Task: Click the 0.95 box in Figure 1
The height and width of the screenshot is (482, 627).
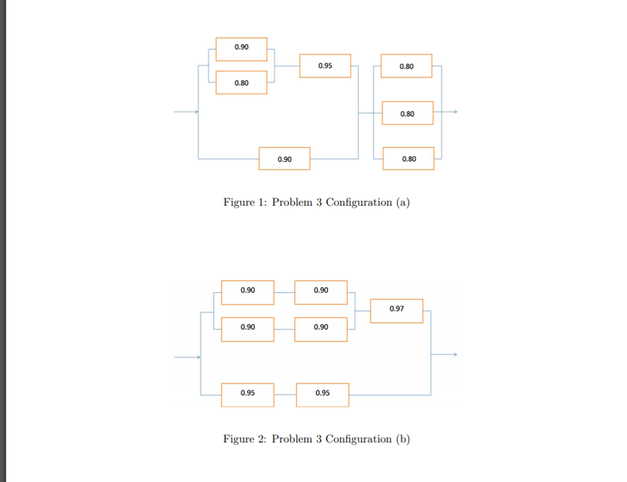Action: [x=325, y=66]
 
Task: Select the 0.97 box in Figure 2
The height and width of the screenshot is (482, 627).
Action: [x=396, y=311]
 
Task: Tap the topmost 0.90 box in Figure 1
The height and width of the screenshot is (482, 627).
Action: [x=241, y=49]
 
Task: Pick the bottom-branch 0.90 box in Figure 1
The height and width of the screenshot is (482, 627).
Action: [x=284, y=159]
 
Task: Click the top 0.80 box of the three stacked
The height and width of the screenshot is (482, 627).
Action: [x=406, y=66]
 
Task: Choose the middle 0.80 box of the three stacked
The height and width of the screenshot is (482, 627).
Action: [x=407, y=113]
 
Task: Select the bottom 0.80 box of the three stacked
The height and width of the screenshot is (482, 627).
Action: [x=408, y=159]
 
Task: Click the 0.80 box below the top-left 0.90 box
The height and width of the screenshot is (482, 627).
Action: [x=241, y=83]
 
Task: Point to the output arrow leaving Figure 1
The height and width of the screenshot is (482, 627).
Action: [x=448, y=112]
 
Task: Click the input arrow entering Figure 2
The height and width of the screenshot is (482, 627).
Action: [x=187, y=356]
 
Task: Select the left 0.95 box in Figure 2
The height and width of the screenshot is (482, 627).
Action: [x=247, y=395]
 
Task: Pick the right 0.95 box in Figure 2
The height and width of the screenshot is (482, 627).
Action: [x=323, y=395]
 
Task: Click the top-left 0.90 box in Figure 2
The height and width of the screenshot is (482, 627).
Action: [x=247, y=292]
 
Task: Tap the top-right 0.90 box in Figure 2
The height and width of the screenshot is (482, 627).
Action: [x=321, y=292]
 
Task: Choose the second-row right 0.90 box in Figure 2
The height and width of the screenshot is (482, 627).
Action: [x=321, y=329]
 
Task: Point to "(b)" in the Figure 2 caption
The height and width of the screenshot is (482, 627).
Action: [x=403, y=439]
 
